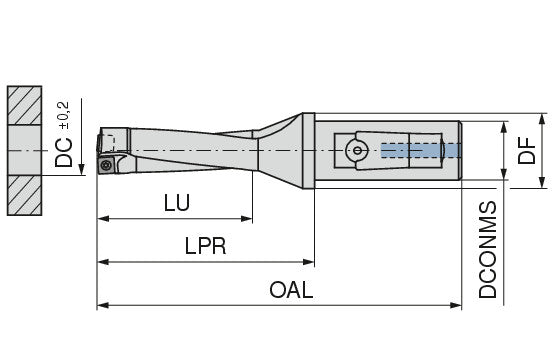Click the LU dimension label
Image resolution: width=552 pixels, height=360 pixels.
coord(177,203)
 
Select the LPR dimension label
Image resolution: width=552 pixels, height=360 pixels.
coord(206,246)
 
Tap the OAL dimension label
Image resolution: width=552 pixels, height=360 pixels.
coord(291,290)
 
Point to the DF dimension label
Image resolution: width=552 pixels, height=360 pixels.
coord(527,151)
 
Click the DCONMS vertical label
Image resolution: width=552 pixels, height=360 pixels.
coord(488,250)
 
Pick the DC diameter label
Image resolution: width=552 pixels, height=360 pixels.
coord(64,152)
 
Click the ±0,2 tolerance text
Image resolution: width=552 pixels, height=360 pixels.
coord(64,116)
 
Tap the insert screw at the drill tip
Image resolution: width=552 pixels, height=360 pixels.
coord(106,165)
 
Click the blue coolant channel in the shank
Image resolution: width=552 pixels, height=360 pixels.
coord(421,150)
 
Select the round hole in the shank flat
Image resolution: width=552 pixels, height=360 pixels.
coord(357,150)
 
